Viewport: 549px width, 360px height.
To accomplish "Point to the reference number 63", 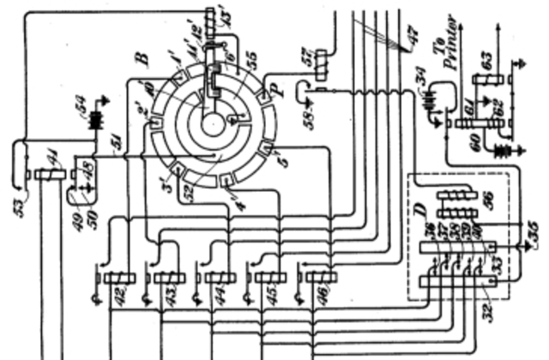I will (x=486, y=63).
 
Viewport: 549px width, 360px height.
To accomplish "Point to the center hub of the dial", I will (x=211, y=123).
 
